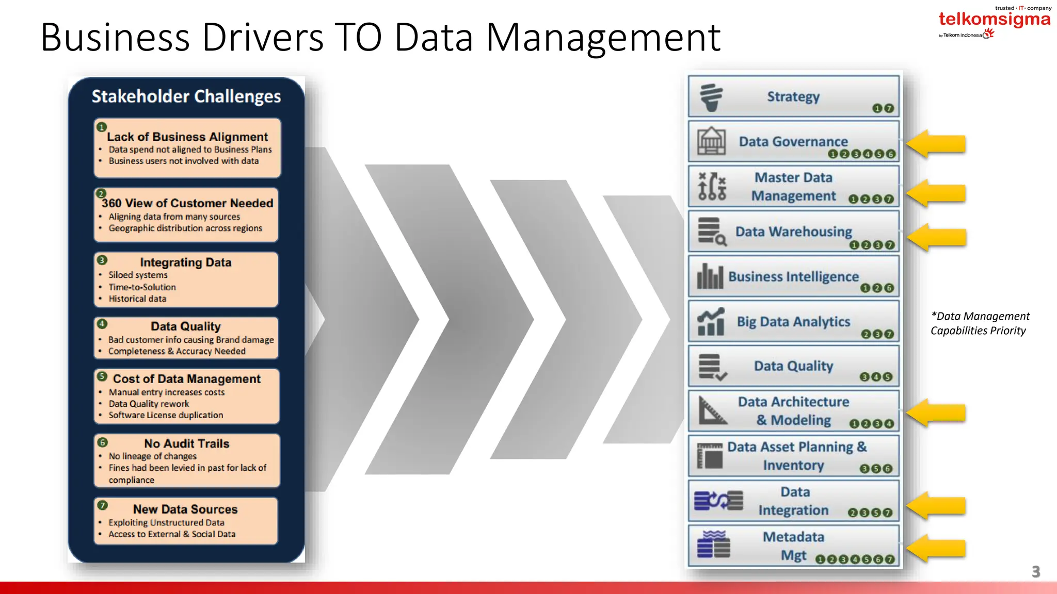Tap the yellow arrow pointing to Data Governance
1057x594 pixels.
tap(936, 143)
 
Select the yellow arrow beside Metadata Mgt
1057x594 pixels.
tap(936, 549)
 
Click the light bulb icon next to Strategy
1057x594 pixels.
tap(711, 97)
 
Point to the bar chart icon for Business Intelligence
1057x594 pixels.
tap(710, 276)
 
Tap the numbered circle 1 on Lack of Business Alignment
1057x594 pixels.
tap(102, 127)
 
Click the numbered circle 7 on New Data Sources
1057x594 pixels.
tap(103, 505)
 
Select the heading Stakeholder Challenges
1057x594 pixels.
tap(186, 96)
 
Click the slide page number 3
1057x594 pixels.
tap(1035, 571)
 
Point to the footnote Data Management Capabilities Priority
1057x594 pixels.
tap(980, 323)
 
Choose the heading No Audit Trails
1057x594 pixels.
tap(186, 443)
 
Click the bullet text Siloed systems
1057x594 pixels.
tap(138, 275)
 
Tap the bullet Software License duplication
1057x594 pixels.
tap(166, 415)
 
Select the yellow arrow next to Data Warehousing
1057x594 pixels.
tap(936, 237)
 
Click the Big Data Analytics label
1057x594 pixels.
tap(793, 322)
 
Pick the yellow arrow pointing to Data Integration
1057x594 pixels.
tap(936, 505)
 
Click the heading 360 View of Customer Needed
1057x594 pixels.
tap(187, 203)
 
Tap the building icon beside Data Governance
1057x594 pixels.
tap(711, 141)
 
